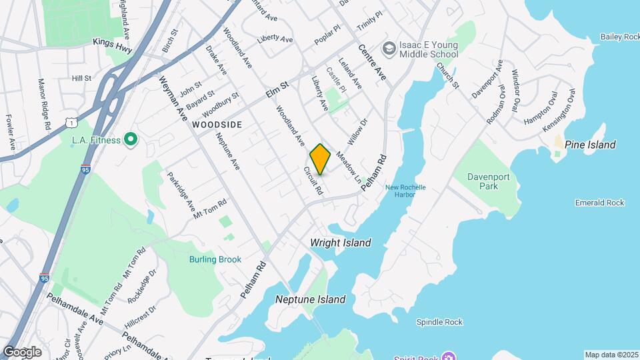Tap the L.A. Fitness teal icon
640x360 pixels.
[x=131, y=140]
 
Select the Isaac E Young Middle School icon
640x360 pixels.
[x=388, y=48]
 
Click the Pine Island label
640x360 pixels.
[x=590, y=145]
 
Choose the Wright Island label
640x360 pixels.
[x=341, y=243]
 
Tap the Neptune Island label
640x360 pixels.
[x=311, y=299]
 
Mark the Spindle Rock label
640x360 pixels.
[x=439, y=322]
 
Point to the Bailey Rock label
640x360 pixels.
[x=619, y=37]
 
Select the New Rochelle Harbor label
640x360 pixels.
[x=405, y=191]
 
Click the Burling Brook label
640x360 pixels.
[x=215, y=259]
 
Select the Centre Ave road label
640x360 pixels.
[x=372, y=60]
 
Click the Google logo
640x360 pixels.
[x=22, y=351]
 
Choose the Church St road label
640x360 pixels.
[x=448, y=76]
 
